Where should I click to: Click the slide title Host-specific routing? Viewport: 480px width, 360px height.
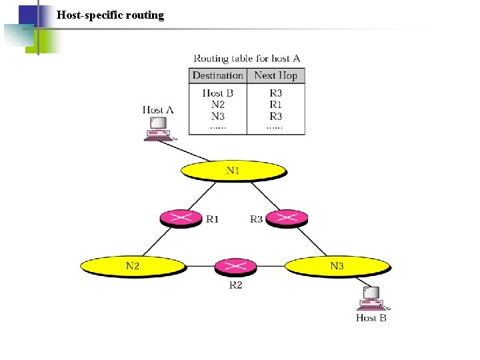(110, 15)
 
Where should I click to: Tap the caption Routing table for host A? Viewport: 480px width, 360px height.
(247, 59)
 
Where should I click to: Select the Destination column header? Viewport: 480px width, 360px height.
(217, 75)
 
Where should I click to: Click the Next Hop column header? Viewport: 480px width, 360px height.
(275, 75)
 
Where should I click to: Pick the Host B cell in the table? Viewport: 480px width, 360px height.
(217, 93)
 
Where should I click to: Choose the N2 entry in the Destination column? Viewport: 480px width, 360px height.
(217, 105)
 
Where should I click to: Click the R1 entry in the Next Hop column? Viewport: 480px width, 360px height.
(275, 105)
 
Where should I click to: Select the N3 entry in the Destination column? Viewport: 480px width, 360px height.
(217, 116)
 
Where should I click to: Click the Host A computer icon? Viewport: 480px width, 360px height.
(158, 129)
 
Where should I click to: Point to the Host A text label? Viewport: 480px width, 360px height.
(158, 109)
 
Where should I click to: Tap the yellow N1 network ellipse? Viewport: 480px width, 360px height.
(233, 171)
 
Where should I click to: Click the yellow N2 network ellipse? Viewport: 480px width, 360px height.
(133, 266)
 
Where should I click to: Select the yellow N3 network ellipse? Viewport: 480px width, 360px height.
(337, 266)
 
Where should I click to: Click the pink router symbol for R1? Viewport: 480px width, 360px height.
(181, 218)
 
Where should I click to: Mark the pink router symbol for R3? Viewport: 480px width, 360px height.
(287, 218)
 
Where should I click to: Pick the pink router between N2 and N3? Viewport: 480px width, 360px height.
(235, 267)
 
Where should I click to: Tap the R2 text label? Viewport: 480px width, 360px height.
(235, 285)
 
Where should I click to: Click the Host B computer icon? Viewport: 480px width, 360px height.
(370, 298)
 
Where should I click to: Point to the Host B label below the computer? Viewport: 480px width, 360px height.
(371, 318)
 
